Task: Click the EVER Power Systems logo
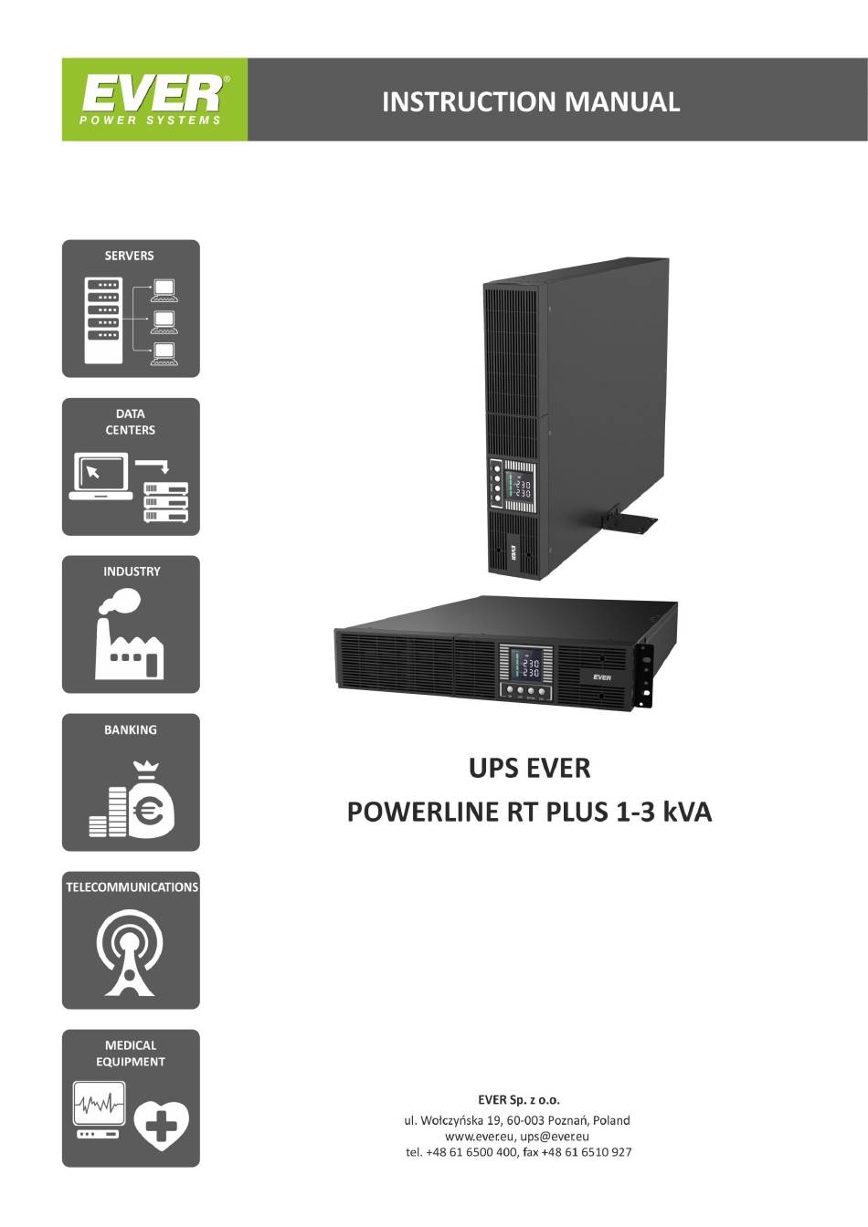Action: coord(153,100)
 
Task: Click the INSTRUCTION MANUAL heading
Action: coord(530,101)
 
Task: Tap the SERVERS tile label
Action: coord(130,256)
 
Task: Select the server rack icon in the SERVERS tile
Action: coord(103,320)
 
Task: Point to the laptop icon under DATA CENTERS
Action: coord(101,477)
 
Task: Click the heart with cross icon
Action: coord(162,1127)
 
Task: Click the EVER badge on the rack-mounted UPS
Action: coord(601,676)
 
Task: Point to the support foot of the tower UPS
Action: coord(630,524)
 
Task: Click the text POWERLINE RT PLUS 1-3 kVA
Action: coord(529,812)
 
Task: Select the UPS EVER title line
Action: coord(529,768)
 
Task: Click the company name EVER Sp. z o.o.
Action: coord(518,1100)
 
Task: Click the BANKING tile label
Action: coord(131,729)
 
